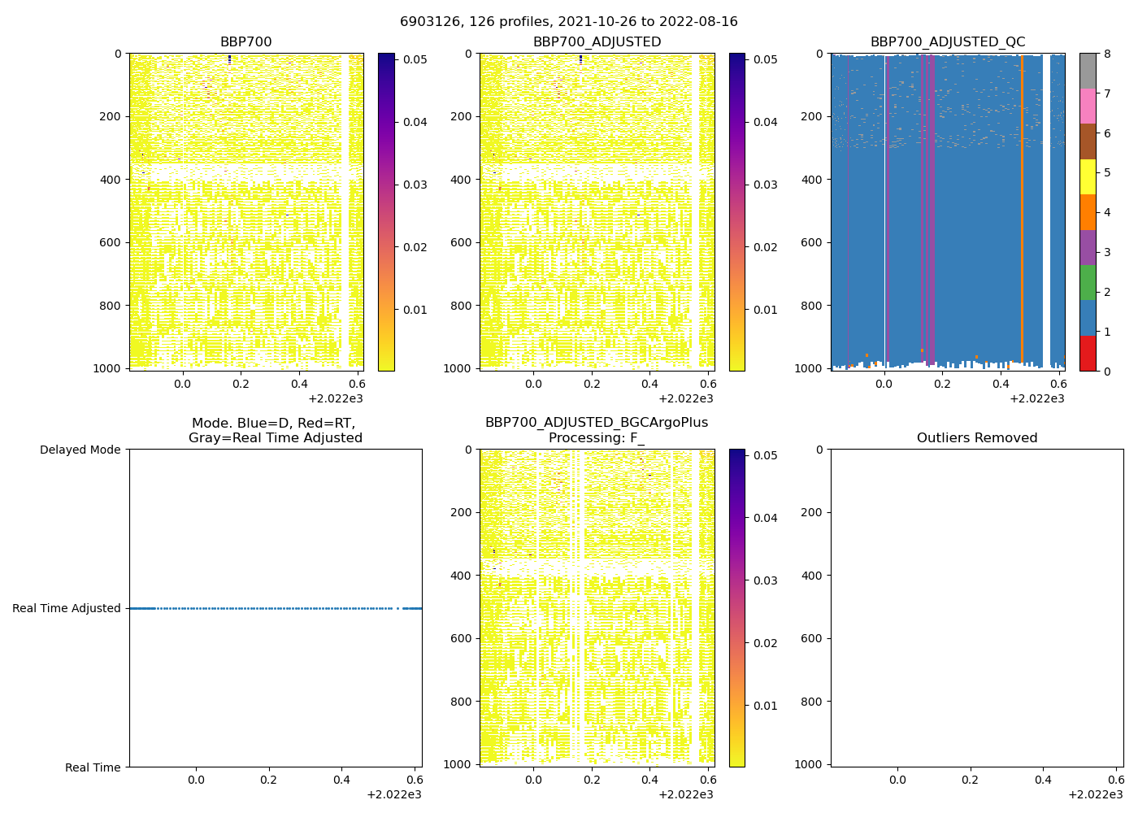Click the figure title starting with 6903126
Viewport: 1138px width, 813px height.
pos(568,22)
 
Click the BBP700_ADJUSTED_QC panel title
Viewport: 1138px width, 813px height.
pos(947,42)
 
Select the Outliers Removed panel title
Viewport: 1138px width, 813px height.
pos(976,438)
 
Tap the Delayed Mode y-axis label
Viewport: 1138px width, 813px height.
pos(80,450)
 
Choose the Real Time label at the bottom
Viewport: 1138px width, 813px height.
pos(93,767)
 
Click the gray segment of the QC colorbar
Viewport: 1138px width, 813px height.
pos(1088,71)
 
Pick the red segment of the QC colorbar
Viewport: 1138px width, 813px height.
pos(1088,354)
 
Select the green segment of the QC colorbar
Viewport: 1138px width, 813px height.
pos(1088,283)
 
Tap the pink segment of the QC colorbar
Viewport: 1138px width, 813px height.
pos(1088,106)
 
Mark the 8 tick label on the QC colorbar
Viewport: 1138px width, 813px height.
pos(1105,54)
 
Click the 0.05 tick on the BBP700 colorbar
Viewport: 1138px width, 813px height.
pos(415,59)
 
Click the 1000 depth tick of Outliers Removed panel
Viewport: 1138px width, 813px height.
pos(810,764)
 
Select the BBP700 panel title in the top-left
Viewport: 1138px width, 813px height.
pos(245,42)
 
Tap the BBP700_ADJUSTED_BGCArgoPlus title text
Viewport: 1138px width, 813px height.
pos(596,423)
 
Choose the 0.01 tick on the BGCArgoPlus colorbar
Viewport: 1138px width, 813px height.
pos(766,706)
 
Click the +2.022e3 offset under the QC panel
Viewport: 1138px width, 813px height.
pos(1036,399)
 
